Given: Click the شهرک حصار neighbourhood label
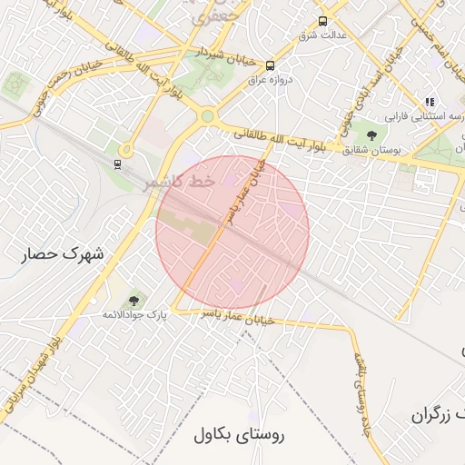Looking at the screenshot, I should (62, 253).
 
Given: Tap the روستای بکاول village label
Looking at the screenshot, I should (239, 434).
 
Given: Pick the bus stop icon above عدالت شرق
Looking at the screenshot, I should (322, 21).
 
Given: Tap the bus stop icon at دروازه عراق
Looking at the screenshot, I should (270, 65).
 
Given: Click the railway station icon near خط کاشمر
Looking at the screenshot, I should (116, 163).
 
